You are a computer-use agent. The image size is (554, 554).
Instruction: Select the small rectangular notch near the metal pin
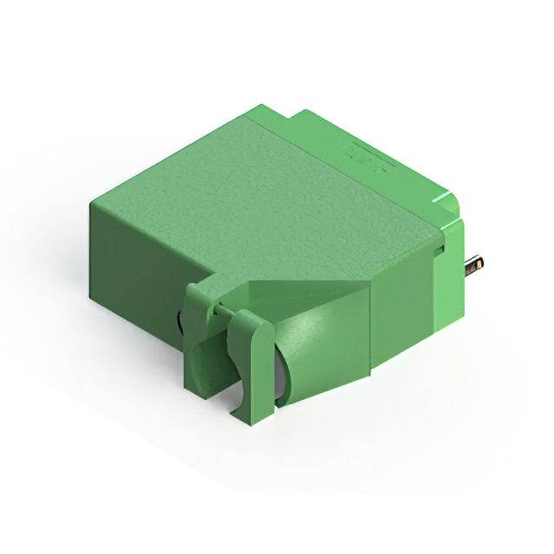click(439, 250)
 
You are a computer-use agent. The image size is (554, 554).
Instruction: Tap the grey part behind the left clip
click(180, 322)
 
